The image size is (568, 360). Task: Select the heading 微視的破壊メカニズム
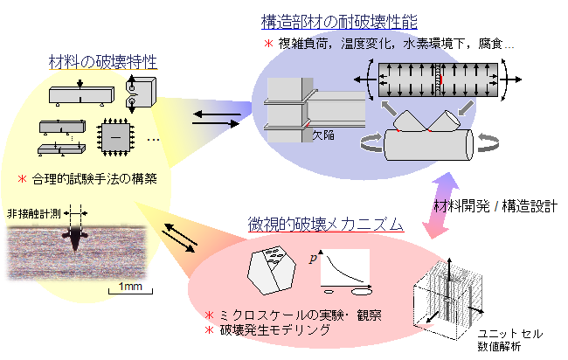tap(326, 225)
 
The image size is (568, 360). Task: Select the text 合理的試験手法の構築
tap(94, 179)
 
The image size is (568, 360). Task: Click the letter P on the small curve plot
tap(313, 258)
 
